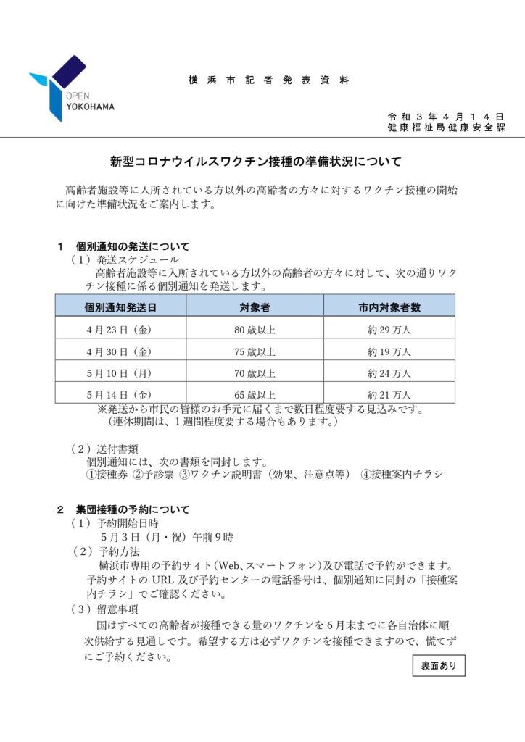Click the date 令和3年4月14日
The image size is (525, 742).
coord(445,116)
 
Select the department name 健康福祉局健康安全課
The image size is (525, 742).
coord(446,128)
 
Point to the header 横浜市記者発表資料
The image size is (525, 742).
coord(268,80)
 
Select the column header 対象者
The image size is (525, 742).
coord(255,307)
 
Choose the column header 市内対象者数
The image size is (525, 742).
coord(389,307)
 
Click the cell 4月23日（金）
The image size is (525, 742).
coord(117,330)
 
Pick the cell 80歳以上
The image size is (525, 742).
coord(255,330)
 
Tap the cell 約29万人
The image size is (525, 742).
coord(389,330)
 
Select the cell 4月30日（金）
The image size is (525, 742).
coord(117,352)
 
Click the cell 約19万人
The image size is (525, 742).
coord(389,352)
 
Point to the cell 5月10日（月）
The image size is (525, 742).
coord(117,374)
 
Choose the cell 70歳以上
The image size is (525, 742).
coord(255,374)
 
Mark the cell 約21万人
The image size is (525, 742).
coord(389,395)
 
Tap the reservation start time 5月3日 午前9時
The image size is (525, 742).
coord(168,537)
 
